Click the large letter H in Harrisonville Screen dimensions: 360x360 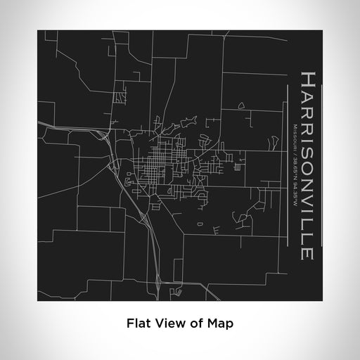click(x=308, y=79)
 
